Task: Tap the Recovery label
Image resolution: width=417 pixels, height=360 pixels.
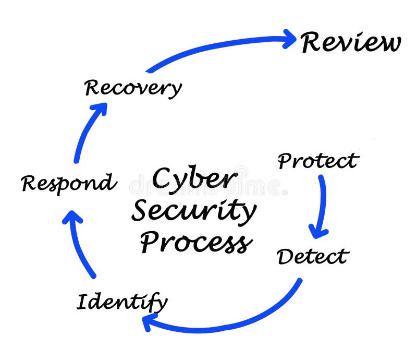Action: coord(133,88)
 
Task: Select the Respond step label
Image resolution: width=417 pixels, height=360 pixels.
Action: coord(68,184)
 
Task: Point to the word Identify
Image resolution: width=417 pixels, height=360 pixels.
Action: coord(122,302)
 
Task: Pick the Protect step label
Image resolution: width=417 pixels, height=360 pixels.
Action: coord(318,161)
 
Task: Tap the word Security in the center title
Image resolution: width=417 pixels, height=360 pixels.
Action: coord(194,212)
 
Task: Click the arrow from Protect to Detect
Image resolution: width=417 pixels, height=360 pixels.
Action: coord(322,203)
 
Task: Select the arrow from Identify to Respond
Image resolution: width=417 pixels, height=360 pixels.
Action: coord(81,245)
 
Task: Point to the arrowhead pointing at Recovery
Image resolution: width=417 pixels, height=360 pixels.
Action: coord(99,109)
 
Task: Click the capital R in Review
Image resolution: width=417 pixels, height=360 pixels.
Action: coord(312,42)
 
